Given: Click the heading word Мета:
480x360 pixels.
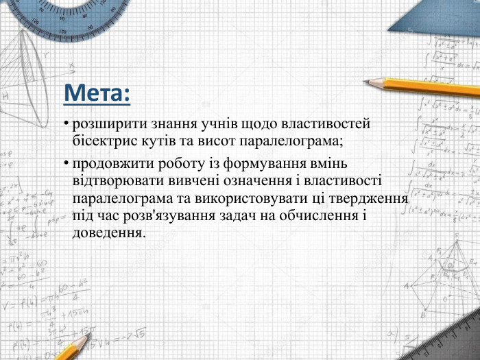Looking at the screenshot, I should click(x=96, y=93).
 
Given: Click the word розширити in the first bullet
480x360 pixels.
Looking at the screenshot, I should click(x=104, y=124).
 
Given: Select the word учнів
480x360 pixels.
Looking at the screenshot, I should click(x=210, y=124).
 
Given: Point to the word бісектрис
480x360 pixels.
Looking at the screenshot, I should click(x=103, y=141).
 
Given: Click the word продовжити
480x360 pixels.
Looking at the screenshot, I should click(x=110, y=165).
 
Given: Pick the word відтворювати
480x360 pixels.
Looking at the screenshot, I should click(x=115, y=182).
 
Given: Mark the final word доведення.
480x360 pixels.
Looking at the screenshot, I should click(x=108, y=232).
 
